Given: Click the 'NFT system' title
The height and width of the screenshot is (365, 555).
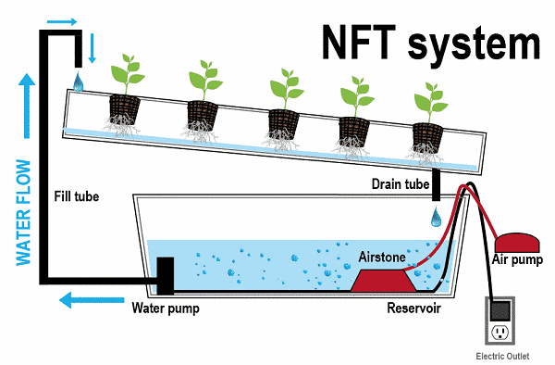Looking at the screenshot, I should pos(431,41).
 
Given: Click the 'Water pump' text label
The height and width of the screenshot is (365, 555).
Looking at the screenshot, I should pos(166,307).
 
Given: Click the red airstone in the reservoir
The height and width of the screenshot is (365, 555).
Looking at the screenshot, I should pos(380,276).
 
